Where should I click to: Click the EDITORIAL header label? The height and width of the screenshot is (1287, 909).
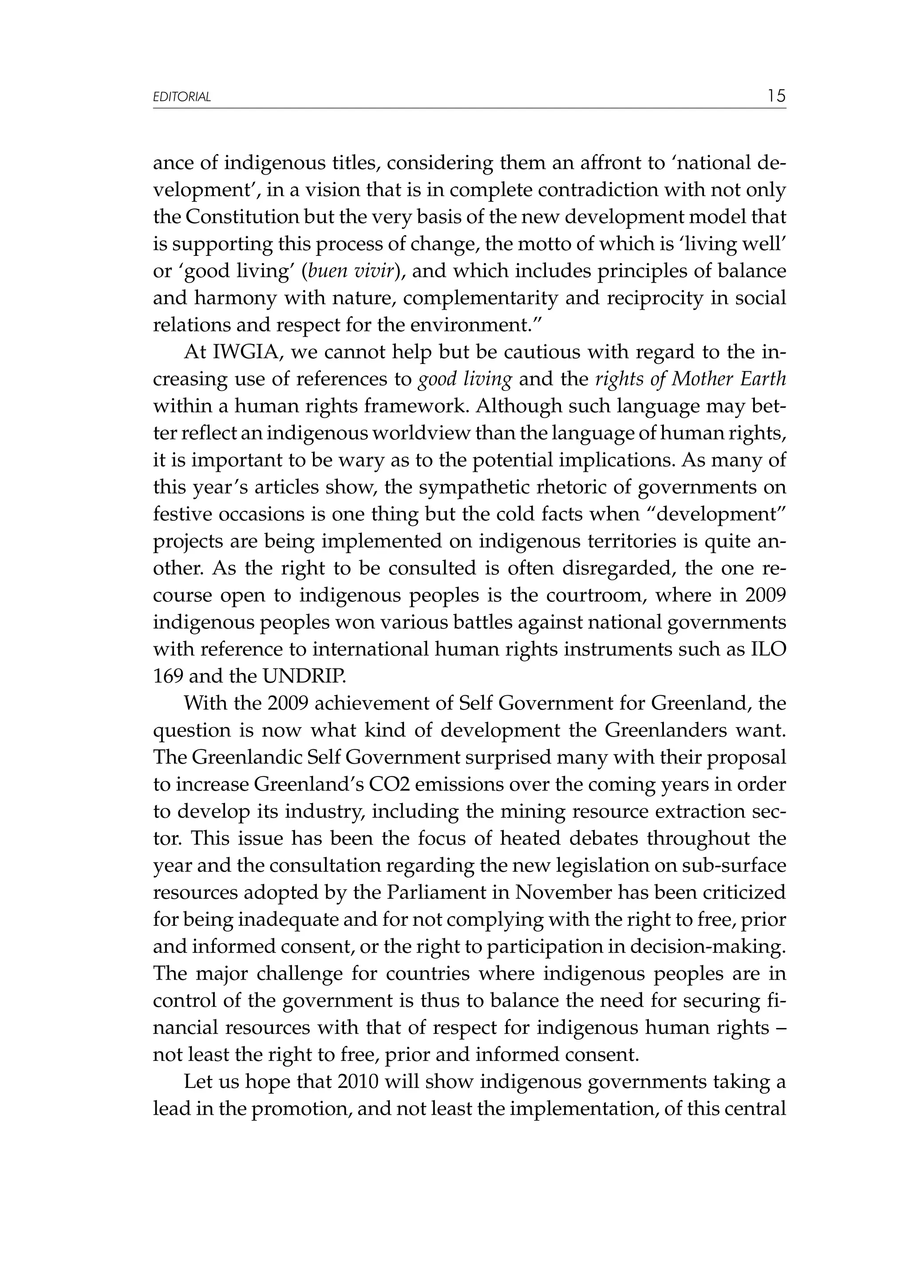182,97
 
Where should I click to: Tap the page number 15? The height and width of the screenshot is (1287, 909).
776,96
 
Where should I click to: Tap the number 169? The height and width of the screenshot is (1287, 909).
168,677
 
